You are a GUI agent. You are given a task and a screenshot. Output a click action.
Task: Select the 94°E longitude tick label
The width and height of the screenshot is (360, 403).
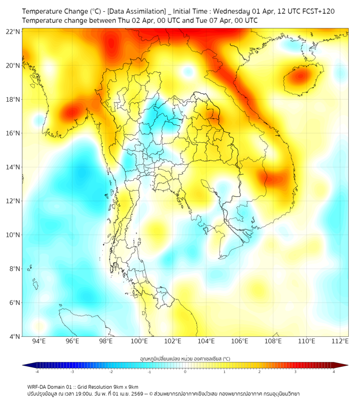coord(39,342)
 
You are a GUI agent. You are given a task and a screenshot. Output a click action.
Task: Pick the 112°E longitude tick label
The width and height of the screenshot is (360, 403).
coord(340,342)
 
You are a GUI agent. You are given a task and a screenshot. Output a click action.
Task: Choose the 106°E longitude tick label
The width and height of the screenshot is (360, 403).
coord(240,342)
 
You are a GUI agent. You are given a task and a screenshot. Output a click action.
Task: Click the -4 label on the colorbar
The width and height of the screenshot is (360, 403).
coord(36,372)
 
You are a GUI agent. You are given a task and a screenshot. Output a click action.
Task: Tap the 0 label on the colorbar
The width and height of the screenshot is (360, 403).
coord(185,372)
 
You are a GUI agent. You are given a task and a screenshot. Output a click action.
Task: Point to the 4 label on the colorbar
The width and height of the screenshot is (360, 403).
coord(334,372)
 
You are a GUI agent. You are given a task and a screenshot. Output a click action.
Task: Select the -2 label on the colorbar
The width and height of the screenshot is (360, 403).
coord(111,372)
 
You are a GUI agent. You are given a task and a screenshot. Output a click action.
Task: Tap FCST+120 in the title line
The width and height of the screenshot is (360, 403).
coord(318,11)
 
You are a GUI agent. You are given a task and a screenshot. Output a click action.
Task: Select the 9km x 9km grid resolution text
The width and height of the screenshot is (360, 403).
coord(126,386)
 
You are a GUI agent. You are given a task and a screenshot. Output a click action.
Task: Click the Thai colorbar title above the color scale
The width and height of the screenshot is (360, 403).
coord(185,358)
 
